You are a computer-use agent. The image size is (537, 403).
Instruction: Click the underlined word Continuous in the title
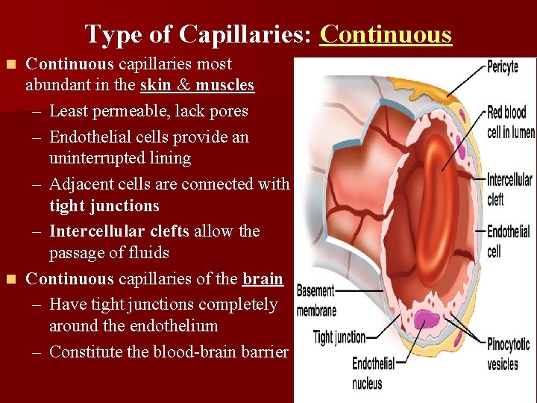click(386, 34)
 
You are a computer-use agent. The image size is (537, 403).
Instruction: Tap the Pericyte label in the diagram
click(502, 67)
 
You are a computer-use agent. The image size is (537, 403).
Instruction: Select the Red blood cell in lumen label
click(511, 122)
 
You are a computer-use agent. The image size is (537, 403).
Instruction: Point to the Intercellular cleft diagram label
click(509, 189)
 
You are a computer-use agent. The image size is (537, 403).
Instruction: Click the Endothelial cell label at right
click(509, 242)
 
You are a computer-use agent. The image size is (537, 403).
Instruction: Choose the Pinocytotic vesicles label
click(508, 354)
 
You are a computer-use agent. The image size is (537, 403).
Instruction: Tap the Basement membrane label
click(316, 300)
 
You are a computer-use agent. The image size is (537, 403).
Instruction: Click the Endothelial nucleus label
click(373, 373)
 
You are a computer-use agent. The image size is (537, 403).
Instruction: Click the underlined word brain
click(263, 279)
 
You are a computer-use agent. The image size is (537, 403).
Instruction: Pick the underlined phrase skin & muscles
click(197, 85)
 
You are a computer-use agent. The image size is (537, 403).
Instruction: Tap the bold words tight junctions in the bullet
click(104, 205)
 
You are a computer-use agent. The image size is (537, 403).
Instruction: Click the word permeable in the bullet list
click(131, 111)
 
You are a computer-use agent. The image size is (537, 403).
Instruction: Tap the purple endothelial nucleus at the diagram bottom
click(427, 319)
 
